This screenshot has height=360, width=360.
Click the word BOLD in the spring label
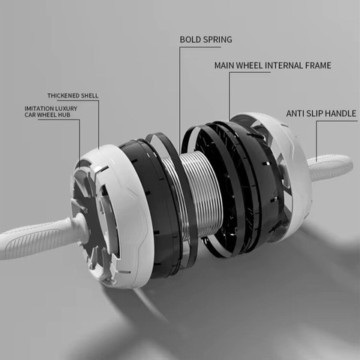point(190,40)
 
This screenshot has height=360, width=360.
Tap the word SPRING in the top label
point(217,40)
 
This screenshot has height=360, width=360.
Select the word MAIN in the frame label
point(224,65)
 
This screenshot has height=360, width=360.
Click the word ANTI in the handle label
point(295,113)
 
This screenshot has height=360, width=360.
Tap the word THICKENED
point(64,96)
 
